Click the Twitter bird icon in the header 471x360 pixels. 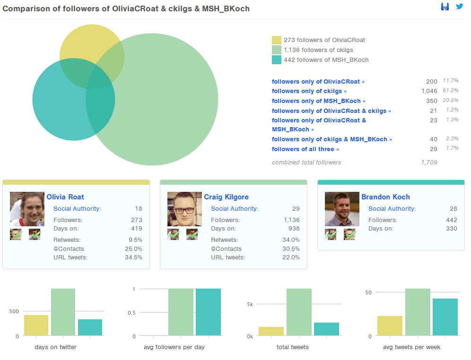pyautogui.click(x=459, y=7)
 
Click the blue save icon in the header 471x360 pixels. pyautogui.click(x=445, y=7)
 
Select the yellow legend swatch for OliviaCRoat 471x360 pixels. pyautogui.click(x=277, y=40)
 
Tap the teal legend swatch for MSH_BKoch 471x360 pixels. pyautogui.click(x=277, y=60)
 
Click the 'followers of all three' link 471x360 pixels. pyautogui.click(x=305, y=149)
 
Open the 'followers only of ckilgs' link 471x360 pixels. pyautogui.click(x=309, y=91)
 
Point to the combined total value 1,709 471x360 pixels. pyautogui.click(x=429, y=163)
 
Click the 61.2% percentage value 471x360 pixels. pyautogui.click(x=451, y=90)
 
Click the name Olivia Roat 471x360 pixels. pyautogui.click(x=65, y=197)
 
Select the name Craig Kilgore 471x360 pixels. pyautogui.click(x=226, y=197)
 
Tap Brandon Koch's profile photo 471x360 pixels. pyautogui.click(x=335, y=209)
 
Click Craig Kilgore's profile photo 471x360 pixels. pyautogui.click(x=178, y=209)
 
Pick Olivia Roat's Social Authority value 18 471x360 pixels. pyautogui.click(x=138, y=209)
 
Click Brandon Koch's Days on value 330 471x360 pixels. pyautogui.click(x=451, y=229)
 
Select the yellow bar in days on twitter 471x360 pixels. pyautogui.click(x=36, y=326)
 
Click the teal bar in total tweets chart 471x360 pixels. pyautogui.click(x=326, y=329)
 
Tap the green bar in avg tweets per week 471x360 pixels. pyautogui.click(x=418, y=312)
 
